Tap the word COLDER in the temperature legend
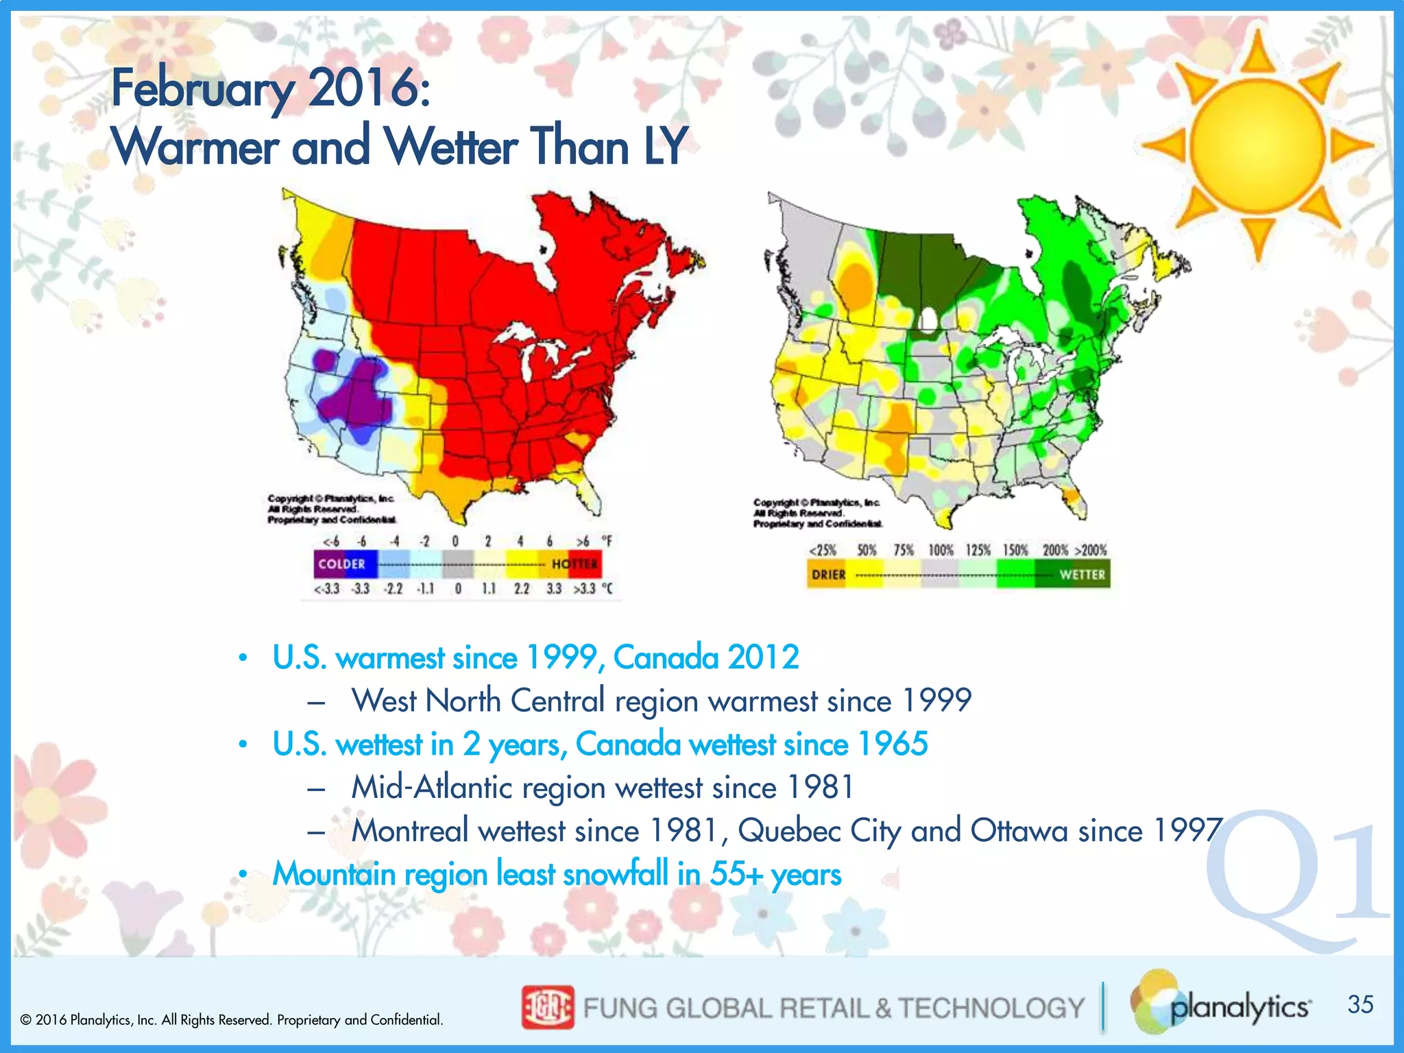(x=341, y=564)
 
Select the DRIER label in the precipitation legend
(x=829, y=574)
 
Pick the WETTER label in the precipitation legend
(x=1082, y=574)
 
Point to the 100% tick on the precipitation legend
(x=941, y=550)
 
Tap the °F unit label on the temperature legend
(x=608, y=542)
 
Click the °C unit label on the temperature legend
(x=607, y=589)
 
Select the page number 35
(x=1360, y=1004)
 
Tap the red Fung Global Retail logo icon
(x=547, y=1008)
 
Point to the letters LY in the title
(x=664, y=146)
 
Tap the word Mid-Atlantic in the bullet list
(x=432, y=788)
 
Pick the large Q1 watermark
(x=1296, y=881)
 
